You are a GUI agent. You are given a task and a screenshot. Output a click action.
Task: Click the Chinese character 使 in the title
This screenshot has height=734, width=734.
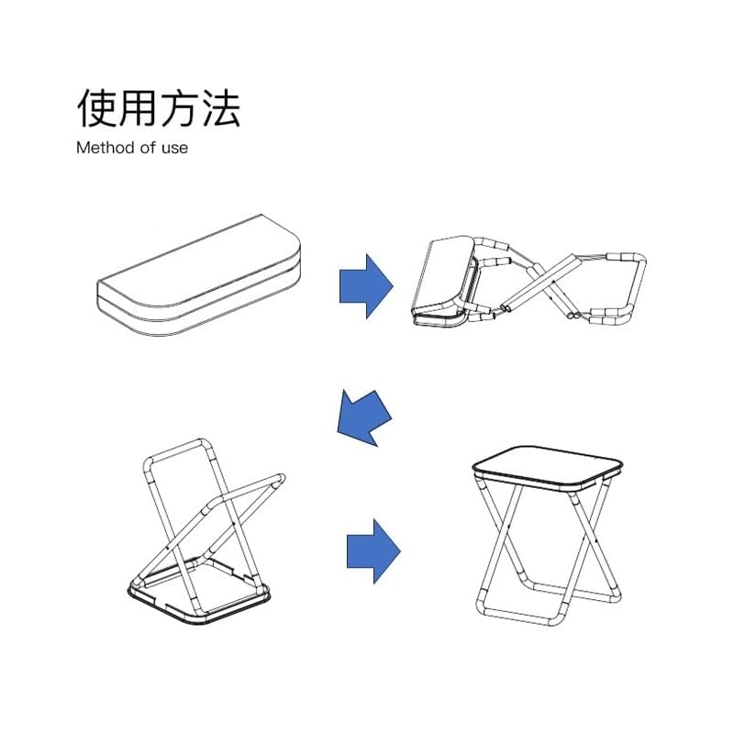click(96, 108)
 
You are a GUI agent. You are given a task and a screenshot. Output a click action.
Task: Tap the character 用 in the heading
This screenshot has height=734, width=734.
click(138, 108)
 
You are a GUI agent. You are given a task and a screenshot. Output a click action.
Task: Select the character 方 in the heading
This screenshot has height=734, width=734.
click(179, 108)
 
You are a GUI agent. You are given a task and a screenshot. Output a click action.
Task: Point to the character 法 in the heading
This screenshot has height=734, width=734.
click(220, 108)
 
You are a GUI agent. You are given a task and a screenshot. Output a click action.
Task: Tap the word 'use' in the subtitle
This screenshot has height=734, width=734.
click(173, 147)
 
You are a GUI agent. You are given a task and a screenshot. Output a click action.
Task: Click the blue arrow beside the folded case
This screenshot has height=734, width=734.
click(366, 285)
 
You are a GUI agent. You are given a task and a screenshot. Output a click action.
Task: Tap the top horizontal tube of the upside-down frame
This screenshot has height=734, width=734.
click(179, 447)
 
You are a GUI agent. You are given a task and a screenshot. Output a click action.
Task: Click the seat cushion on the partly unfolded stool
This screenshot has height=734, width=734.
click(445, 275)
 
